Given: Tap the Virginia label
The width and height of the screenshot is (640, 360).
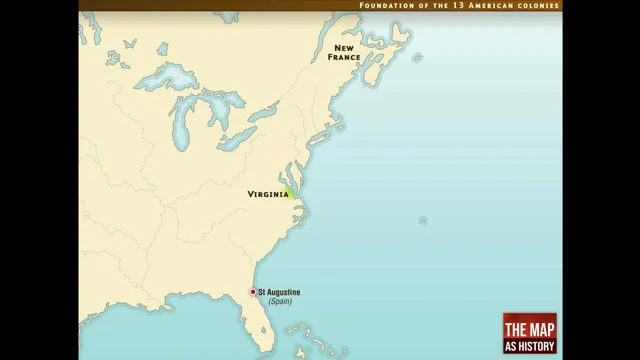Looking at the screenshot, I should pos(267,194).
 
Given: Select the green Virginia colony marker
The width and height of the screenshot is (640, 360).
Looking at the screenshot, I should pos(290,193).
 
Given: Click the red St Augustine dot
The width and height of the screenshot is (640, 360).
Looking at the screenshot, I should pos(252,292).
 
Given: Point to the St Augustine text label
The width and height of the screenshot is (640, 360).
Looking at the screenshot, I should pos(279,292).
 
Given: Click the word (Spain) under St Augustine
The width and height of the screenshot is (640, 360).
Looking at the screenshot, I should pos(279,301).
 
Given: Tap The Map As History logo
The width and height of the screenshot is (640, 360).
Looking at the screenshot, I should pos(529,333).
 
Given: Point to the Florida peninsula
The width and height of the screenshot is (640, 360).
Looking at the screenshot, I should pos(262,325).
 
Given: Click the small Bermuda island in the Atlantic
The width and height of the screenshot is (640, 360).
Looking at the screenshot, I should pos(423,220).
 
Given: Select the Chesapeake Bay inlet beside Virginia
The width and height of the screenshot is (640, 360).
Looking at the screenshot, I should pos(294,181).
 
